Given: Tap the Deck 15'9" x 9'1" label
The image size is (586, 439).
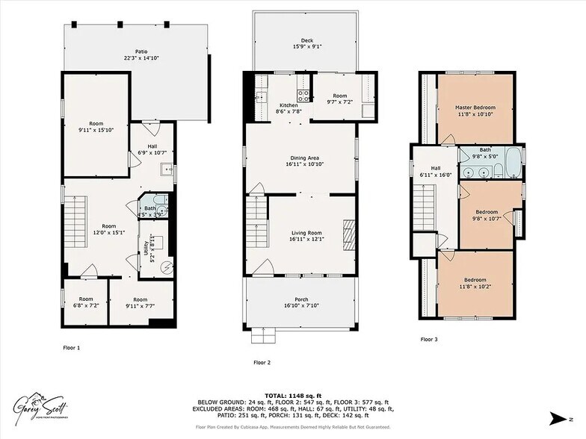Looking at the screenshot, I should click(307, 45).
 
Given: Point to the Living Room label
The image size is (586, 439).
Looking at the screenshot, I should click(306, 237).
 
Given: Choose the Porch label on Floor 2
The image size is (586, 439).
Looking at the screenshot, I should click(301, 302).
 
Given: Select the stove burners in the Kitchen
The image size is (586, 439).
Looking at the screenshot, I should click(305, 95).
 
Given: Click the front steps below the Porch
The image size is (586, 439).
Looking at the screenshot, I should click(263, 337).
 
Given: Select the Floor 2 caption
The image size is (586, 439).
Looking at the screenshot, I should click(262, 362).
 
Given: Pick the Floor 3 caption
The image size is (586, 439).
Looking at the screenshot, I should click(429, 339).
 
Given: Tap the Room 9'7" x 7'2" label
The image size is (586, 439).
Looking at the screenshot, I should click(340, 99).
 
